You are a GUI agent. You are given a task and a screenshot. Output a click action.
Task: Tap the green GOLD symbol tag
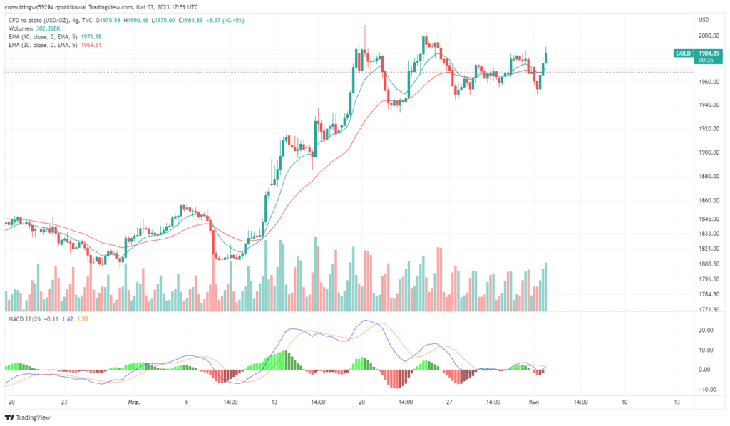pyautogui.click(x=683, y=53)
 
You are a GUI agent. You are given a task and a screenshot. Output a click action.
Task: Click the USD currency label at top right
pyautogui.click(x=704, y=19)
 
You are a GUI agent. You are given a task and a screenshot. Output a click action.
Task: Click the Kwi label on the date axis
pyautogui.click(x=534, y=402)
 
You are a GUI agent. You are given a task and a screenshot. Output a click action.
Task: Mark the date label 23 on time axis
pyautogui.click(x=64, y=402)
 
